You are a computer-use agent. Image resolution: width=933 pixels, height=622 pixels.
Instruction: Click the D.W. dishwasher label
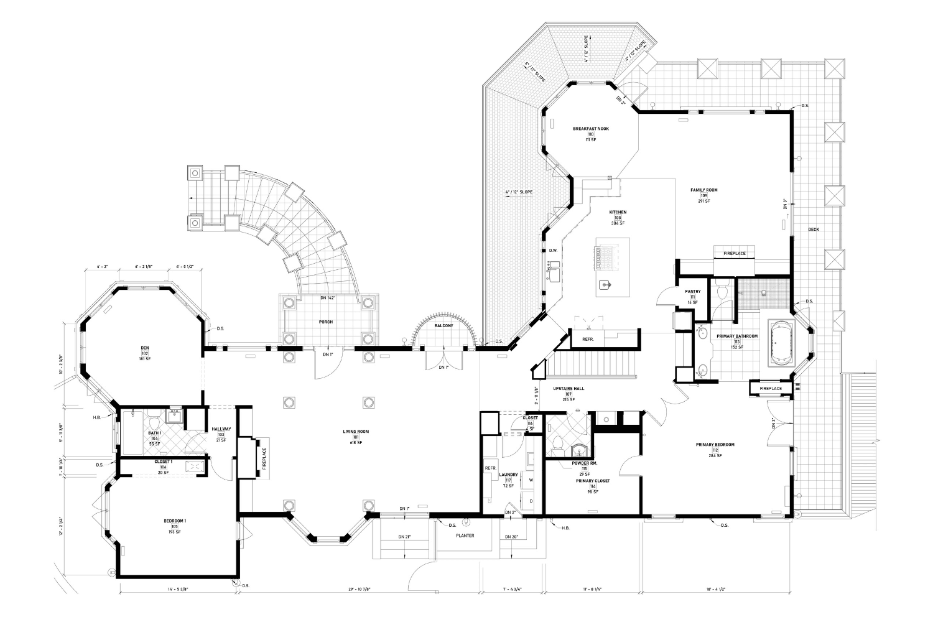552,251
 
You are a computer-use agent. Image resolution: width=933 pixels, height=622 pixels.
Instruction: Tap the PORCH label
326,322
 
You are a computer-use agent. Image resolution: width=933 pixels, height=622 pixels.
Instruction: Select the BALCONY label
443,325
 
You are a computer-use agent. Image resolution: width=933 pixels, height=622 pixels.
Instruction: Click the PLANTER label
465,536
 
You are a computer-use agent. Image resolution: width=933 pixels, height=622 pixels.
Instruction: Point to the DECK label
814,230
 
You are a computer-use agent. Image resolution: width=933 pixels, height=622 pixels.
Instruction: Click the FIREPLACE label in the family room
734,254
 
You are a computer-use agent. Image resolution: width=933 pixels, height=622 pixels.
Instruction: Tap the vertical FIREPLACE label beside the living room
264,460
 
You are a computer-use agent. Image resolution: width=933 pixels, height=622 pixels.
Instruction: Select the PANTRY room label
693,291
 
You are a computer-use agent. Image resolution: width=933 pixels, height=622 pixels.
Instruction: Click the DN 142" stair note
327,298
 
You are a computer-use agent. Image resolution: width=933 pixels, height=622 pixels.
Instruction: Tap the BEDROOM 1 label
174,521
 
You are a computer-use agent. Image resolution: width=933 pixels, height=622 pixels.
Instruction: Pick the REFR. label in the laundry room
490,468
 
